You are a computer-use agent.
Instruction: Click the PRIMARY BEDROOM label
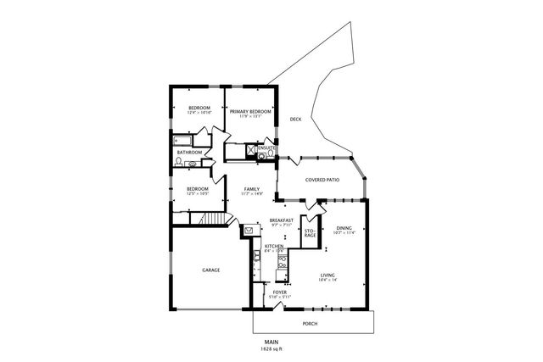(250, 111)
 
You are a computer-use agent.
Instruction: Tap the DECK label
(295, 120)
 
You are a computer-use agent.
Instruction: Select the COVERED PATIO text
(322, 180)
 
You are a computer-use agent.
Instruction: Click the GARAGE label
(210, 270)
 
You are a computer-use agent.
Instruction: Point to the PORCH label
(311, 323)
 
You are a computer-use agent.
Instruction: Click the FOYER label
(279, 292)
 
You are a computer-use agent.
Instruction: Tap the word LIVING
(328, 275)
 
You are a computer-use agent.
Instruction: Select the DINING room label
(344, 226)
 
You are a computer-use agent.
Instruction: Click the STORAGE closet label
(310, 231)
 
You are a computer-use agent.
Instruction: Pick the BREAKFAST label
(282, 220)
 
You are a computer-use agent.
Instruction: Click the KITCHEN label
(273, 246)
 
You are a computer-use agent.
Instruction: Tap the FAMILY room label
(251, 188)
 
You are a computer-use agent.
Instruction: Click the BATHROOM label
(189, 153)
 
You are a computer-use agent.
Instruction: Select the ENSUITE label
(266, 148)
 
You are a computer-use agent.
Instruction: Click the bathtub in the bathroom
(183, 139)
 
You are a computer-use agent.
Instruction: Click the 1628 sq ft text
(271, 348)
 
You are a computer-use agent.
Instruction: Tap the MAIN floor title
(271, 342)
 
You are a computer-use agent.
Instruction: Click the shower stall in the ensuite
(251, 153)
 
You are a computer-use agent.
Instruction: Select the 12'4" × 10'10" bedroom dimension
(199, 114)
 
